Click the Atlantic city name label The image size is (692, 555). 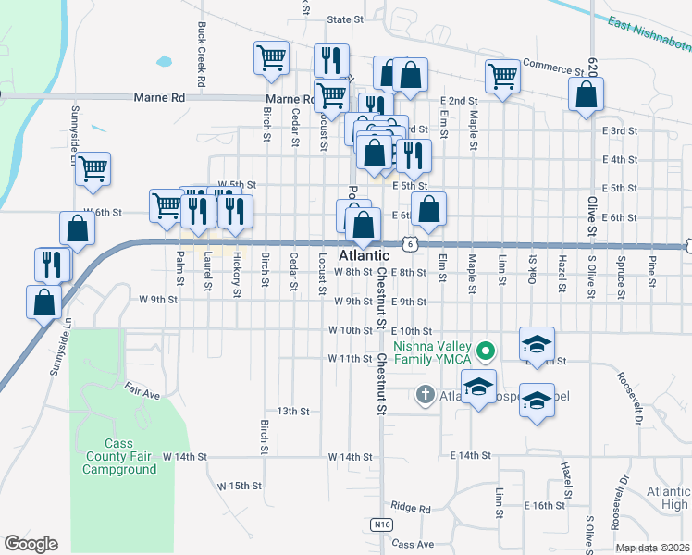(x=365, y=255)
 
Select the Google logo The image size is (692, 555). (x=31, y=544)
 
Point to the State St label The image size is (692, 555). (x=345, y=18)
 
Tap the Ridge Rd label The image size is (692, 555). (x=411, y=508)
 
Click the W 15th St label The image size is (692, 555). (x=241, y=485)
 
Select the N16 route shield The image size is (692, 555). (x=383, y=524)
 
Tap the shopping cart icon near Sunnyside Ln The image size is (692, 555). (x=93, y=168)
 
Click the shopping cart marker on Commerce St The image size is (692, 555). (x=502, y=75)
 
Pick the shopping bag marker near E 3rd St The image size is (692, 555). (x=586, y=93)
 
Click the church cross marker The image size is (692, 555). (x=425, y=395)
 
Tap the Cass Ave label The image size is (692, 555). (x=413, y=545)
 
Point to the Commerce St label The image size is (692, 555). (x=554, y=65)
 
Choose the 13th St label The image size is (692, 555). (x=291, y=411)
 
